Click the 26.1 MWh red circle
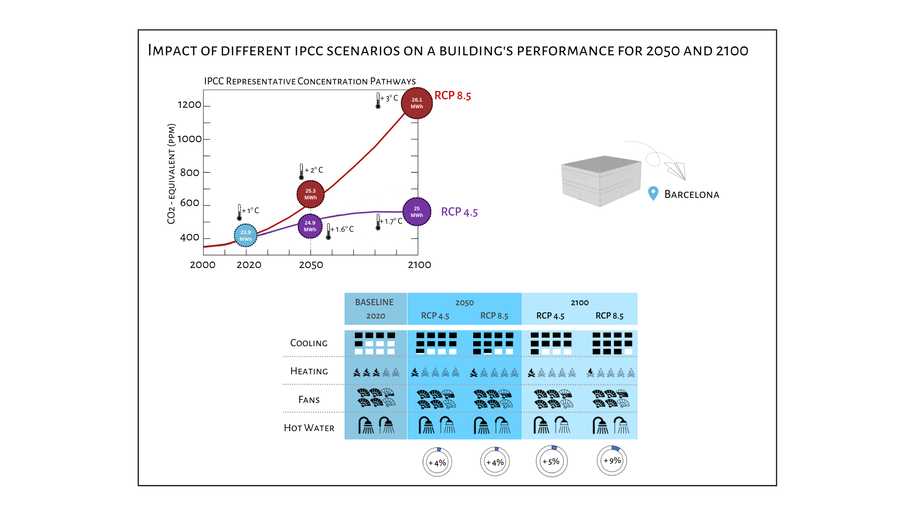click(x=417, y=103)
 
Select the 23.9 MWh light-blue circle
click(x=245, y=236)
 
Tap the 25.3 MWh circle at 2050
click(x=310, y=194)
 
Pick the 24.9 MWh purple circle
click(x=310, y=226)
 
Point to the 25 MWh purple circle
click(x=417, y=212)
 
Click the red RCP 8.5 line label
click(x=452, y=95)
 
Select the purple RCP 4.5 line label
click(x=459, y=212)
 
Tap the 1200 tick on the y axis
click(x=190, y=105)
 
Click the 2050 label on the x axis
click(x=311, y=265)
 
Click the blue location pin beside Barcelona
click(x=653, y=194)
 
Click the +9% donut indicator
click(x=612, y=461)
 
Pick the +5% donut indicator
click(x=551, y=462)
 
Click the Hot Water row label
click(x=309, y=428)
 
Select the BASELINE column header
click(x=375, y=302)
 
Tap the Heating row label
click(x=309, y=371)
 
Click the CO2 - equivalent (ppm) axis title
click(x=171, y=174)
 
